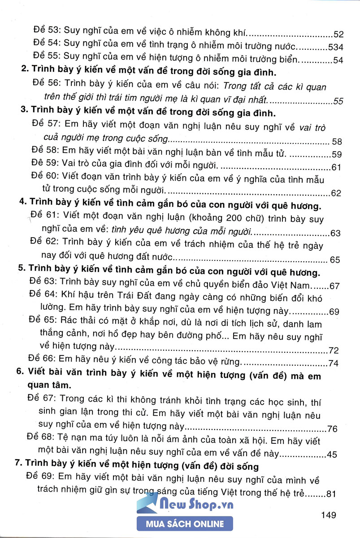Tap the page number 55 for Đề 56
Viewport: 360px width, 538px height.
click(x=338, y=101)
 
